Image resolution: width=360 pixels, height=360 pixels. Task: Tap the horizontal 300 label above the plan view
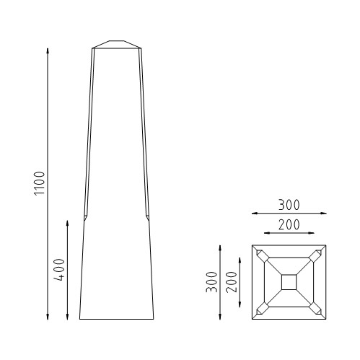(x=288, y=206)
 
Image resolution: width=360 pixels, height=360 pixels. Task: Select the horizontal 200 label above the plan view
(x=288, y=225)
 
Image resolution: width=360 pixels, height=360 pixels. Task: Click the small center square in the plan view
(x=289, y=282)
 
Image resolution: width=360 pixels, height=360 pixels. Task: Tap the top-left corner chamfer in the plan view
(x=261, y=255)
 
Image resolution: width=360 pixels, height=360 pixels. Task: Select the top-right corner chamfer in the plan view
(x=316, y=255)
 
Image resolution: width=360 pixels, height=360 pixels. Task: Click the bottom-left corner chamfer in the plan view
(x=261, y=309)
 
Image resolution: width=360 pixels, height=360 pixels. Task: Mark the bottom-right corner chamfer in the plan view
(x=316, y=309)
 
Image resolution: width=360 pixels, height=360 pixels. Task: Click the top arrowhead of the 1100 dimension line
(x=48, y=51)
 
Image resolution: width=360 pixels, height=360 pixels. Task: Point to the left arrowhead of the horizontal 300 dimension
(x=255, y=214)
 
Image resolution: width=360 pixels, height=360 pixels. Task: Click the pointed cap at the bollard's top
(x=118, y=44)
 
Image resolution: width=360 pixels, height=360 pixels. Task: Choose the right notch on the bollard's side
(x=148, y=217)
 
